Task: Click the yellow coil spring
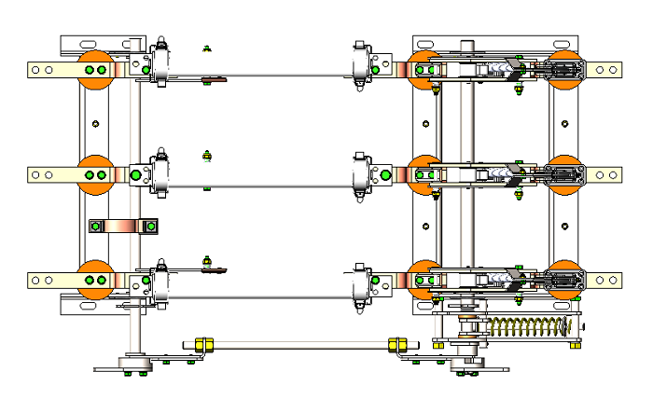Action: pyautogui.click(x=528, y=327)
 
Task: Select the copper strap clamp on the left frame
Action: pyautogui.click(x=123, y=227)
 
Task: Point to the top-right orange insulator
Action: pyautogui.click(x=563, y=70)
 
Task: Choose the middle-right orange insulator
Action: pyautogui.click(x=563, y=173)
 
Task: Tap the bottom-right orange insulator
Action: pyautogui.click(x=563, y=280)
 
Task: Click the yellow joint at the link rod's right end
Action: pyautogui.click(x=397, y=345)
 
